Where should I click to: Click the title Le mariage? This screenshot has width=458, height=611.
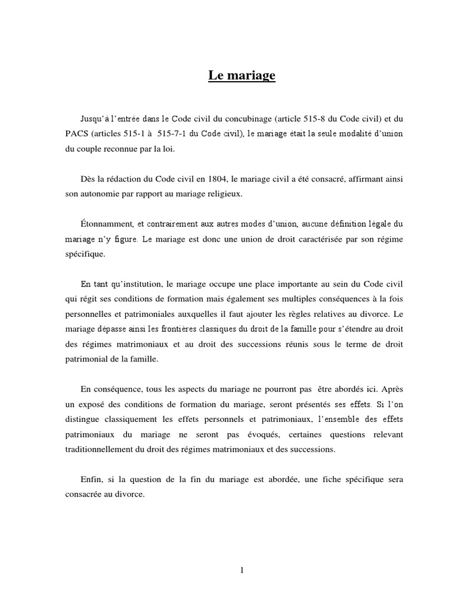tap(242, 76)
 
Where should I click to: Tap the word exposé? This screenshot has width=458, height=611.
tap(92, 404)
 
